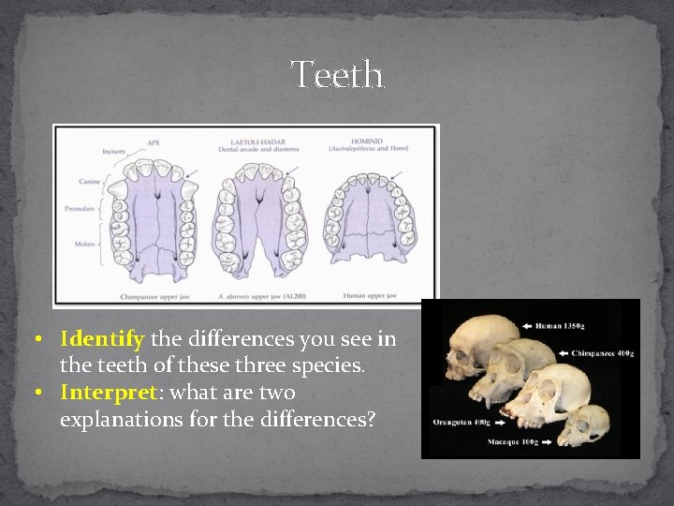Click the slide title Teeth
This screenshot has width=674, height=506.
[x=337, y=74]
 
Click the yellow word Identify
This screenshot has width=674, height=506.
[x=101, y=338]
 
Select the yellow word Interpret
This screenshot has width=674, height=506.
[x=105, y=392]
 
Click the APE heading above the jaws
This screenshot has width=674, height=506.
[x=154, y=142]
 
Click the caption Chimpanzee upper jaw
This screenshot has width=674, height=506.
[x=155, y=296]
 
